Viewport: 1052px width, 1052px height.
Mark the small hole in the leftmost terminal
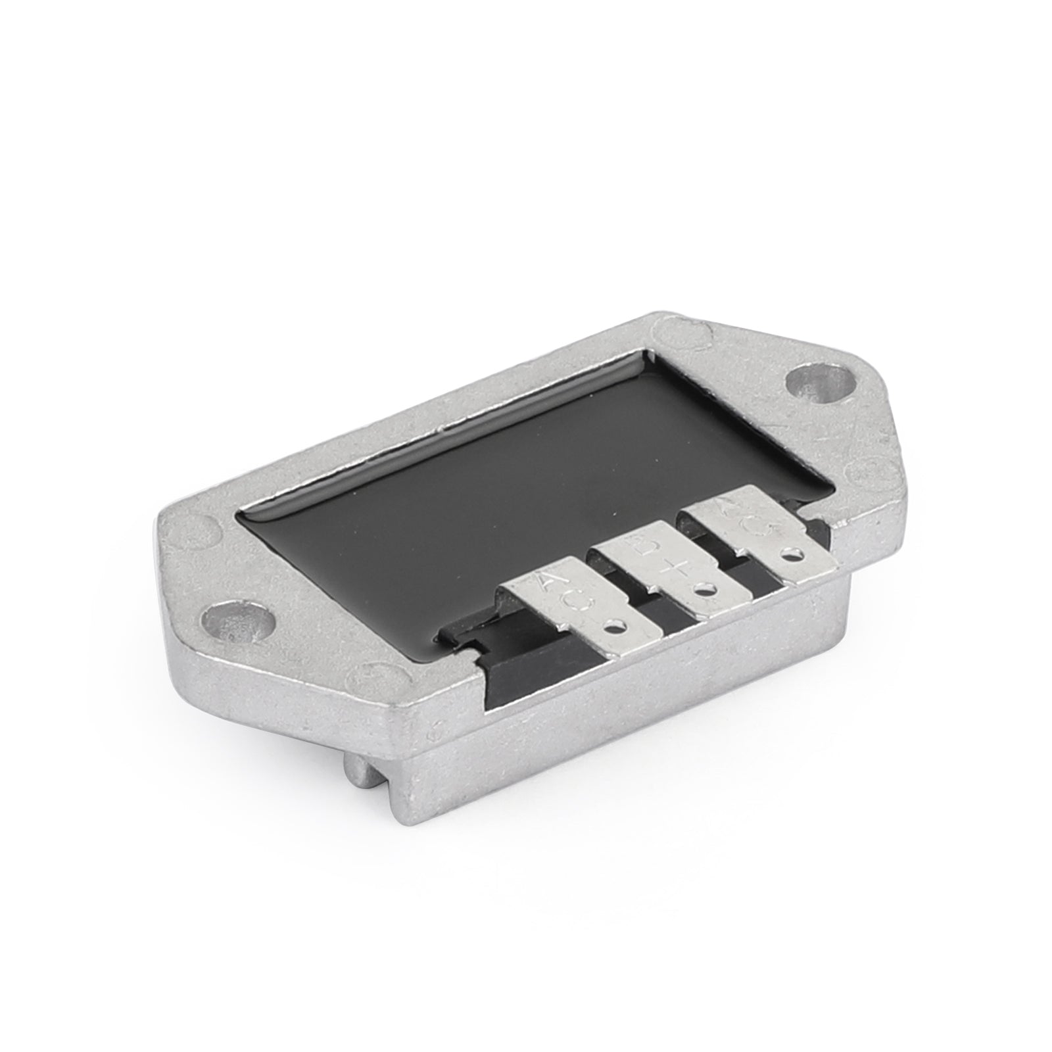click(616, 625)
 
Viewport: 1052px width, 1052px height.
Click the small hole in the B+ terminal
click(707, 587)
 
